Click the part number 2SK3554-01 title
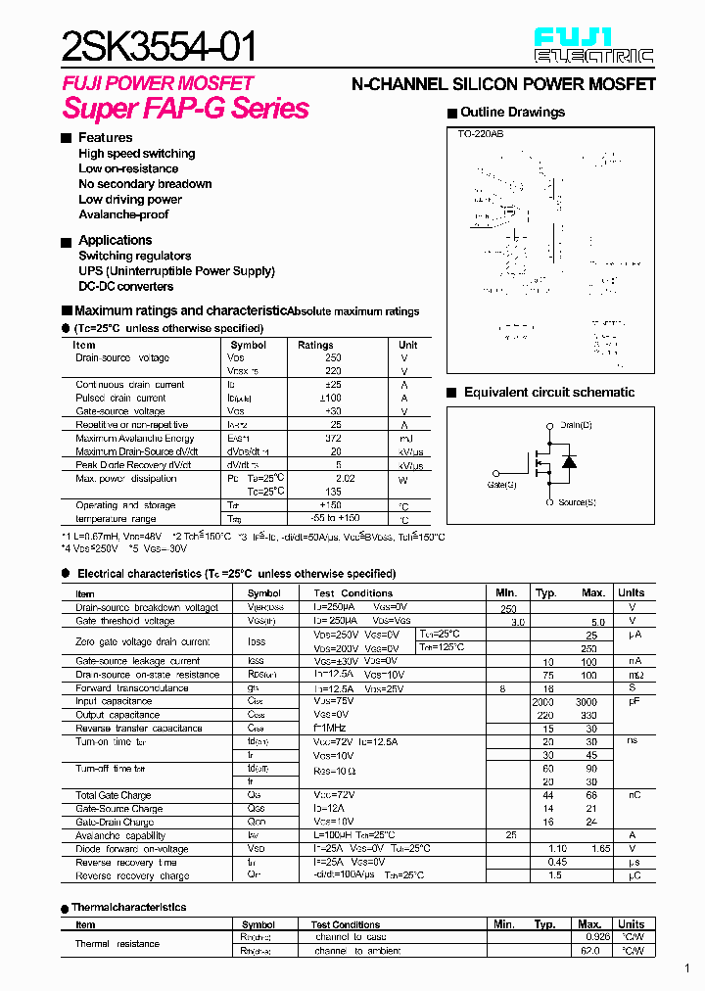pyautogui.click(x=161, y=46)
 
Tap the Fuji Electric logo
pyautogui.click(x=593, y=46)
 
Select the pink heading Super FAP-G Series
pyautogui.click(x=185, y=109)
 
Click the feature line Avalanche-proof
pyautogui.click(x=123, y=214)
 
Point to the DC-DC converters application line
pyautogui.click(x=126, y=287)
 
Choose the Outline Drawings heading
pyautogui.click(x=512, y=113)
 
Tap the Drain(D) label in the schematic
pyautogui.click(x=577, y=425)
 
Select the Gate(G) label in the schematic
pyautogui.click(x=501, y=484)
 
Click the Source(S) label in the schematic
pyautogui.click(x=578, y=502)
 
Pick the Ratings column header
pyautogui.click(x=315, y=345)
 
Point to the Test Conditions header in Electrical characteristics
pyautogui.click(x=352, y=593)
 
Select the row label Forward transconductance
pyautogui.click(x=132, y=688)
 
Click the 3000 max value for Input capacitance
pyautogui.click(x=586, y=702)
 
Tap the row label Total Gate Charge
pyautogui.click(x=114, y=795)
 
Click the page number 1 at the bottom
pyautogui.click(x=686, y=969)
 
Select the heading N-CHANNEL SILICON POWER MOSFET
pyautogui.click(x=503, y=85)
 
